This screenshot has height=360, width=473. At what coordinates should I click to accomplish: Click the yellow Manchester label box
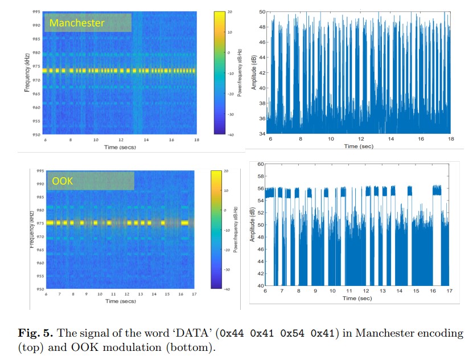pos(88,23)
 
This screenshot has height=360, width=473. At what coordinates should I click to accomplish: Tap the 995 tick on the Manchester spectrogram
pos(35,11)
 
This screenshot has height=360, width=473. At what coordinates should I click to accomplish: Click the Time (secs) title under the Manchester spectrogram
pos(120,147)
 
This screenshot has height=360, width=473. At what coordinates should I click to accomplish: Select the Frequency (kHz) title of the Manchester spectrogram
pos(27,72)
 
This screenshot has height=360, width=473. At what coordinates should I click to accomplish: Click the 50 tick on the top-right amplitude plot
pos(262,11)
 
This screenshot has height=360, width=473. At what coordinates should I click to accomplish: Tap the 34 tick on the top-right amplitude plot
pos(262,133)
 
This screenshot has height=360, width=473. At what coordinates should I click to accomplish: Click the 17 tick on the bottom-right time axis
pos(449,292)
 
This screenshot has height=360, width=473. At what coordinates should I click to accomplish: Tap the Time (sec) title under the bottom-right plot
pos(357,298)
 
